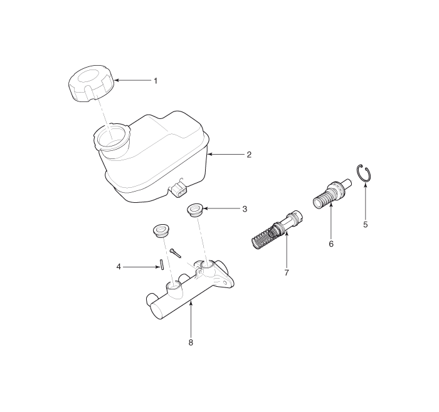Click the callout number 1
coord(156,81)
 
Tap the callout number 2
coord(249,155)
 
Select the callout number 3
coord(245,209)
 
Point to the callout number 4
coord(119,267)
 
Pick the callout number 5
coord(366,224)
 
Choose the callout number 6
coord(331,244)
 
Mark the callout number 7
coord(287,272)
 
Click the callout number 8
coord(191,342)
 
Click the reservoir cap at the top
coord(92,83)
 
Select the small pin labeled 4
coord(162,265)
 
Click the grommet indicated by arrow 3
coord(195,210)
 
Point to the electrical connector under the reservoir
coord(179,190)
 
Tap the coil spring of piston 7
coord(263,237)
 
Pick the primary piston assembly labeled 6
coord(332,193)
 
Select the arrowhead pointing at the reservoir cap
coord(117,81)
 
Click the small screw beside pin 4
coord(176,253)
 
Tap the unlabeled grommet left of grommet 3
coord(161,230)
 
